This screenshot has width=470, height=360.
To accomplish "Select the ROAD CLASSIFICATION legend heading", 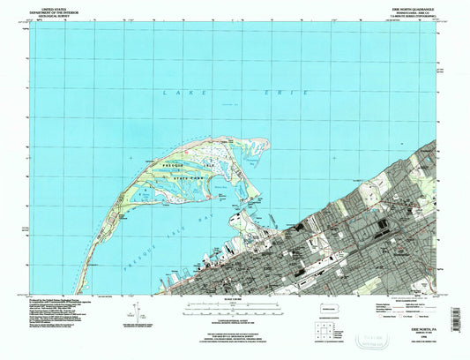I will point(405,301).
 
